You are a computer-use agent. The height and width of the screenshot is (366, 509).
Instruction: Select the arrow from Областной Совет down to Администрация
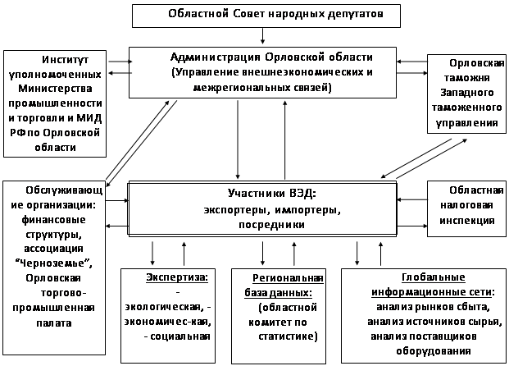[262, 36]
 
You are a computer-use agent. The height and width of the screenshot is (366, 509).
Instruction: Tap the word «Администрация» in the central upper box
[216, 57]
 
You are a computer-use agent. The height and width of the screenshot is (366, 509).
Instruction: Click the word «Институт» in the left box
[66, 60]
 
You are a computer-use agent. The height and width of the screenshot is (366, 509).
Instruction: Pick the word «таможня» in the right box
[467, 78]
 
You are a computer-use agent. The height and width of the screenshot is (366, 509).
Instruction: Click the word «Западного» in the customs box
[467, 93]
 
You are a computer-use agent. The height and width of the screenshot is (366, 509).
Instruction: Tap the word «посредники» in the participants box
[271, 225]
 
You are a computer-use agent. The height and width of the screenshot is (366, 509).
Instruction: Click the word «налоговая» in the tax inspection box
[466, 205]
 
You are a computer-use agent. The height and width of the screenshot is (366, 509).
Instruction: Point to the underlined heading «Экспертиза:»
[177, 277]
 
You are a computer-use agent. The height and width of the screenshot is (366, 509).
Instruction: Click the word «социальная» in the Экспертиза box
[180, 336]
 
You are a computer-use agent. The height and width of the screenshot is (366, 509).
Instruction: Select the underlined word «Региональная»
[288, 278]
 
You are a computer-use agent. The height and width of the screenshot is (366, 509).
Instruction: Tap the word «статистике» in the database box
[286, 336]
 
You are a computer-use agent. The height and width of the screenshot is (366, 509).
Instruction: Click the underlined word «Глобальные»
[434, 277]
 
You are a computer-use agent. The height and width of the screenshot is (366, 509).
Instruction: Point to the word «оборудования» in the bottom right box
[434, 351]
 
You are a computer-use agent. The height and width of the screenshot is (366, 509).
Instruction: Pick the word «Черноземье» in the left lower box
[53, 263]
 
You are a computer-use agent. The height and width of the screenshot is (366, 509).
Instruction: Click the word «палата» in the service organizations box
[54, 323]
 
